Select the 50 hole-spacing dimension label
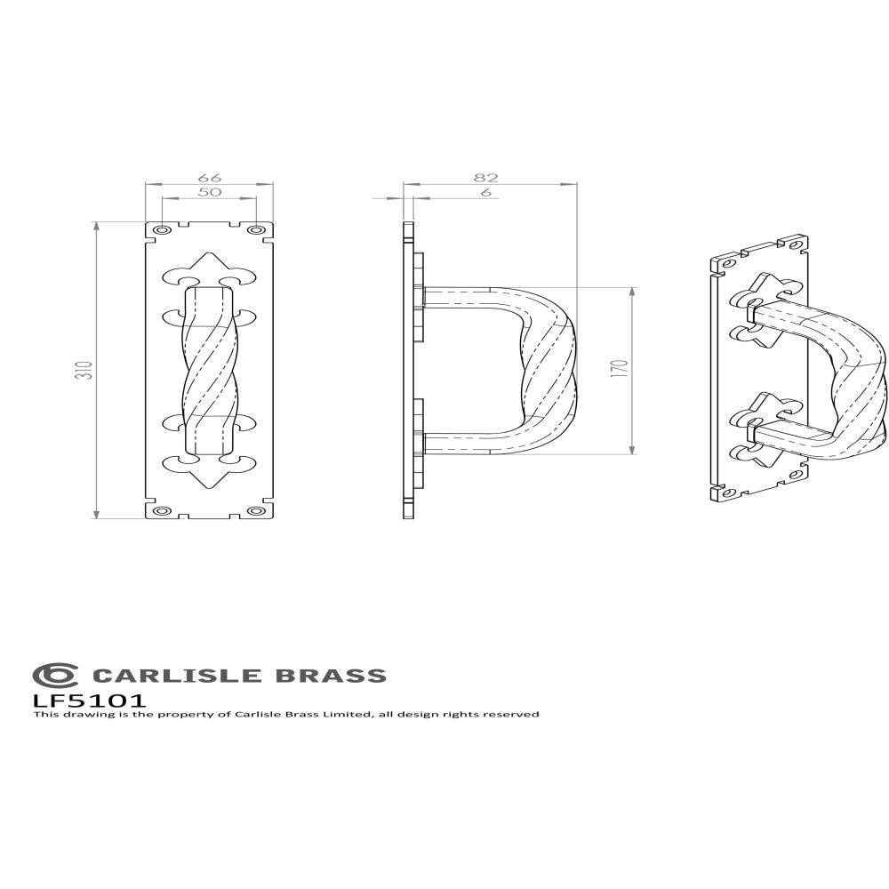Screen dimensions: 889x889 [x=210, y=192]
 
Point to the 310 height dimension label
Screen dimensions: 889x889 [x=83, y=370]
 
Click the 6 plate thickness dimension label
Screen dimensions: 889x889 [x=486, y=192]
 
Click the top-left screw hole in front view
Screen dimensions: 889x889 [x=161, y=231]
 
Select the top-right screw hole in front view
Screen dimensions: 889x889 [x=257, y=231]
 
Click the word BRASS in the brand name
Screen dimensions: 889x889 [x=332, y=676]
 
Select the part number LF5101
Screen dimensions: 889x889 [x=89, y=700]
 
